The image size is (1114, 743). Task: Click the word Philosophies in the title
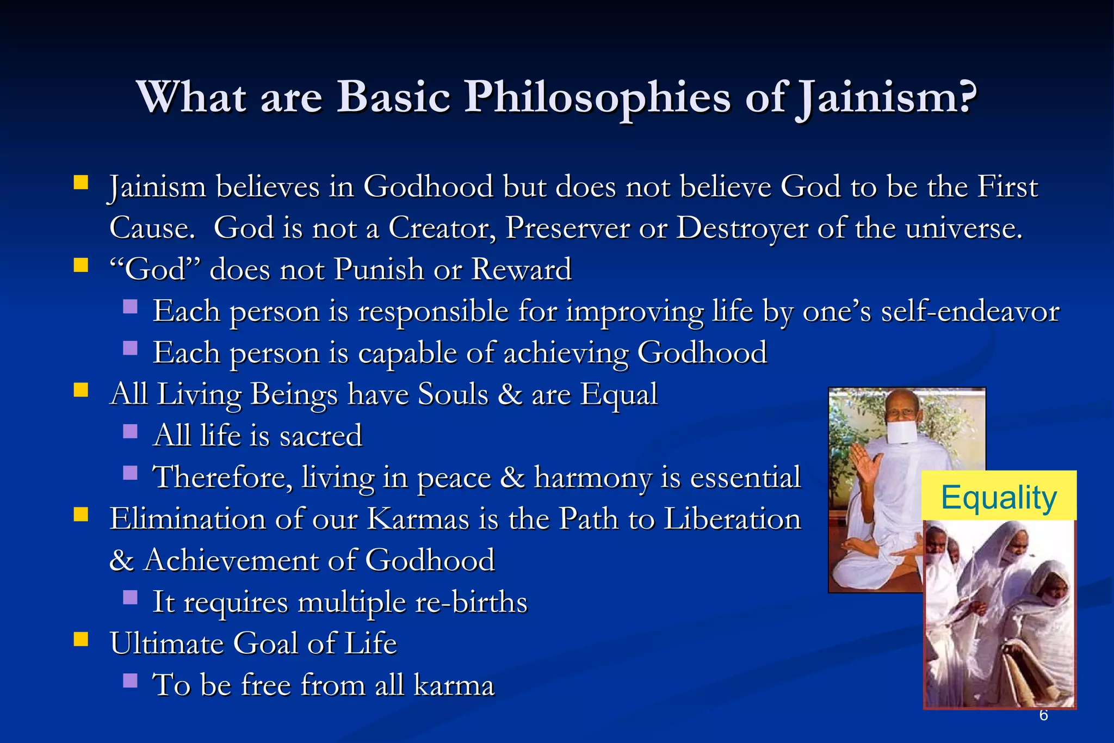tap(597, 98)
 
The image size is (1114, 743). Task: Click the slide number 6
tap(1043, 715)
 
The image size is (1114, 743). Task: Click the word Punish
tap(379, 269)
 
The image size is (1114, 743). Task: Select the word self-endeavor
tap(970, 312)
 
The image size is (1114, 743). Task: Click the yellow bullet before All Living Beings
tap(81, 390)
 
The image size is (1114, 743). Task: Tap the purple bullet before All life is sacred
tap(130, 431)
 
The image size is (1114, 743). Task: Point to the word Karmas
tap(418, 519)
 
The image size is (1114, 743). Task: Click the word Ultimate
tap(166, 644)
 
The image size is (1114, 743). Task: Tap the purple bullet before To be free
tap(130, 680)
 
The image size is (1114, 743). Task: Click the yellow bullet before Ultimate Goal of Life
tap(81, 639)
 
